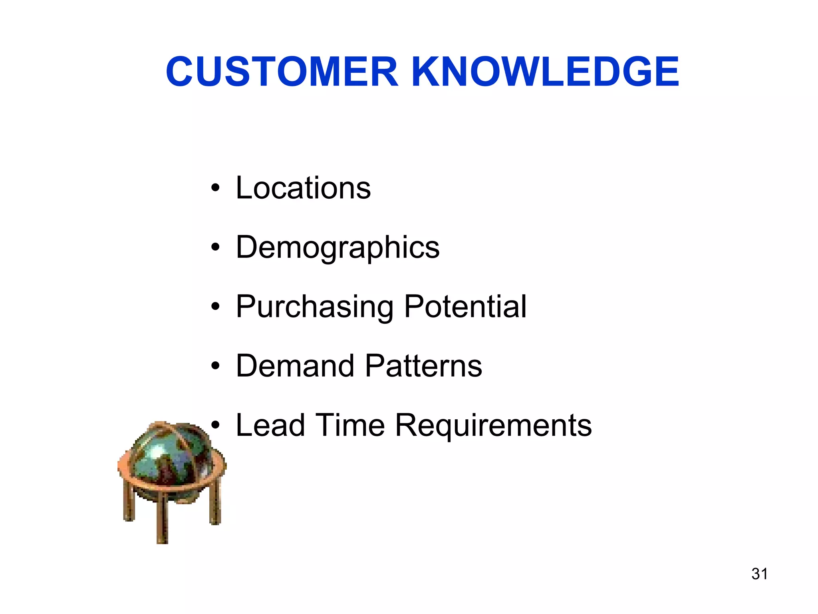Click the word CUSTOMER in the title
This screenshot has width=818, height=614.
coord(282,72)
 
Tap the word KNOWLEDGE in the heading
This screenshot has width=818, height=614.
coord(545,72)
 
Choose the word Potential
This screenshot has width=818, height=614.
coord(465,306)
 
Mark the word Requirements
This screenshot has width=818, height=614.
coord(493,426)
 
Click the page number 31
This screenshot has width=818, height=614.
coord(759,574)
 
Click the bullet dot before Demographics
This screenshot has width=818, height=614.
coord(216,247)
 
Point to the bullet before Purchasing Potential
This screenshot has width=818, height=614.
coord(216,306)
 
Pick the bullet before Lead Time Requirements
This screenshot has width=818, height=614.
coord(216,425)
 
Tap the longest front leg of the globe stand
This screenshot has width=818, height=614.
coord(162,520)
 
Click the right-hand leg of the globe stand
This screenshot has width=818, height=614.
coord(215,504)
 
